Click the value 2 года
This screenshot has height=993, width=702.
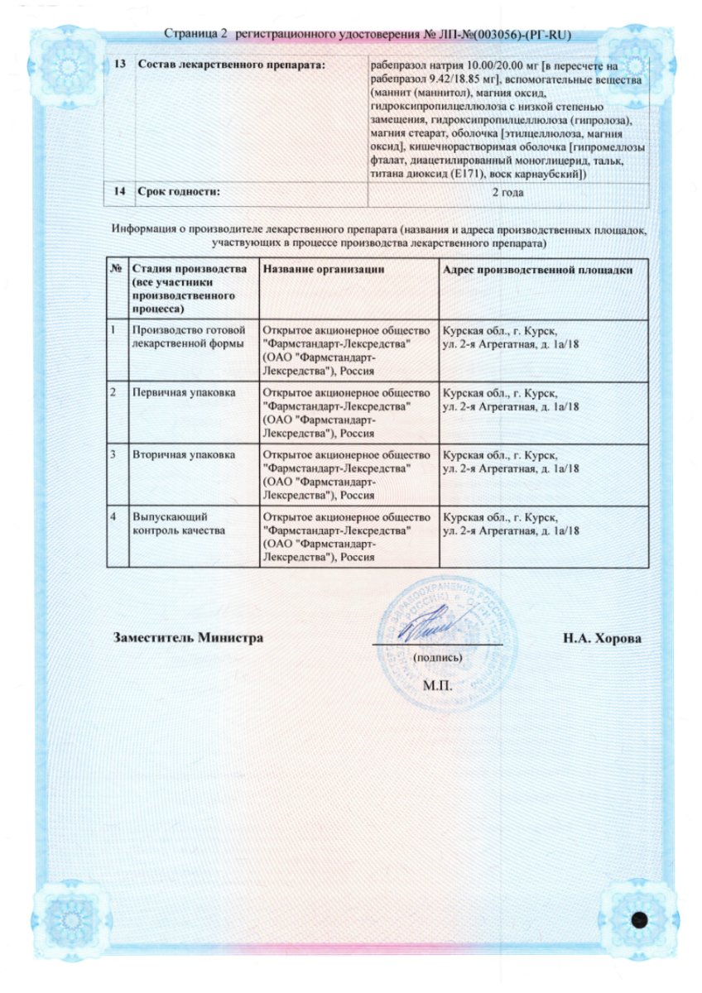pos(507,193)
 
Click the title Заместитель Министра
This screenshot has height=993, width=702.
pos(187,638)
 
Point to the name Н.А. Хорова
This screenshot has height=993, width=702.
pos(602,639)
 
